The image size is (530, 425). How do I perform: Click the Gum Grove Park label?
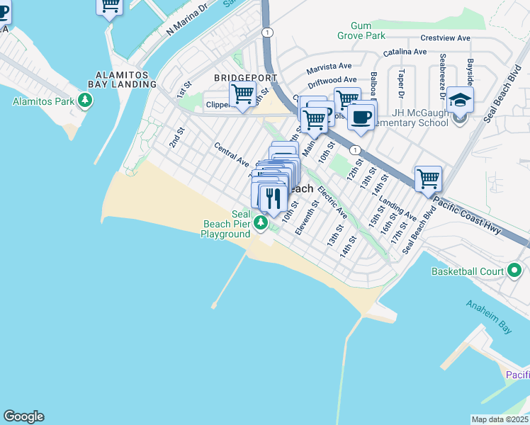click(371, 30)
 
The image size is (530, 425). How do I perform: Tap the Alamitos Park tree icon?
click(86, 101)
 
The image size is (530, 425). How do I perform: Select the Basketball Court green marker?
click(514, 271)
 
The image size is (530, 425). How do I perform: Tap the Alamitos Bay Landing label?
click(122, 79)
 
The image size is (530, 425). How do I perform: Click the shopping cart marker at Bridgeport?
click(242, 93)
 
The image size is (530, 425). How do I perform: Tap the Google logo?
click(23, 416)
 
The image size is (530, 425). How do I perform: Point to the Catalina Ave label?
click(405, 52)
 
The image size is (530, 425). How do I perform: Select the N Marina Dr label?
click(186, 21)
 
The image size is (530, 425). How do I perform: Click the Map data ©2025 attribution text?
click(500, 419)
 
